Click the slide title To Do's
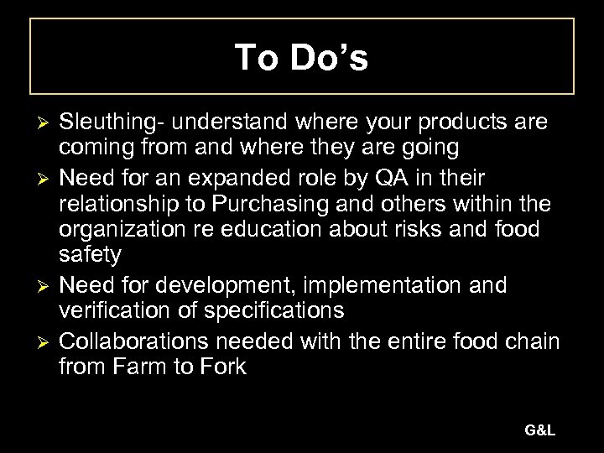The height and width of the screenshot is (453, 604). pos(301,58)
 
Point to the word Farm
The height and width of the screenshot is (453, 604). pos(148,367)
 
